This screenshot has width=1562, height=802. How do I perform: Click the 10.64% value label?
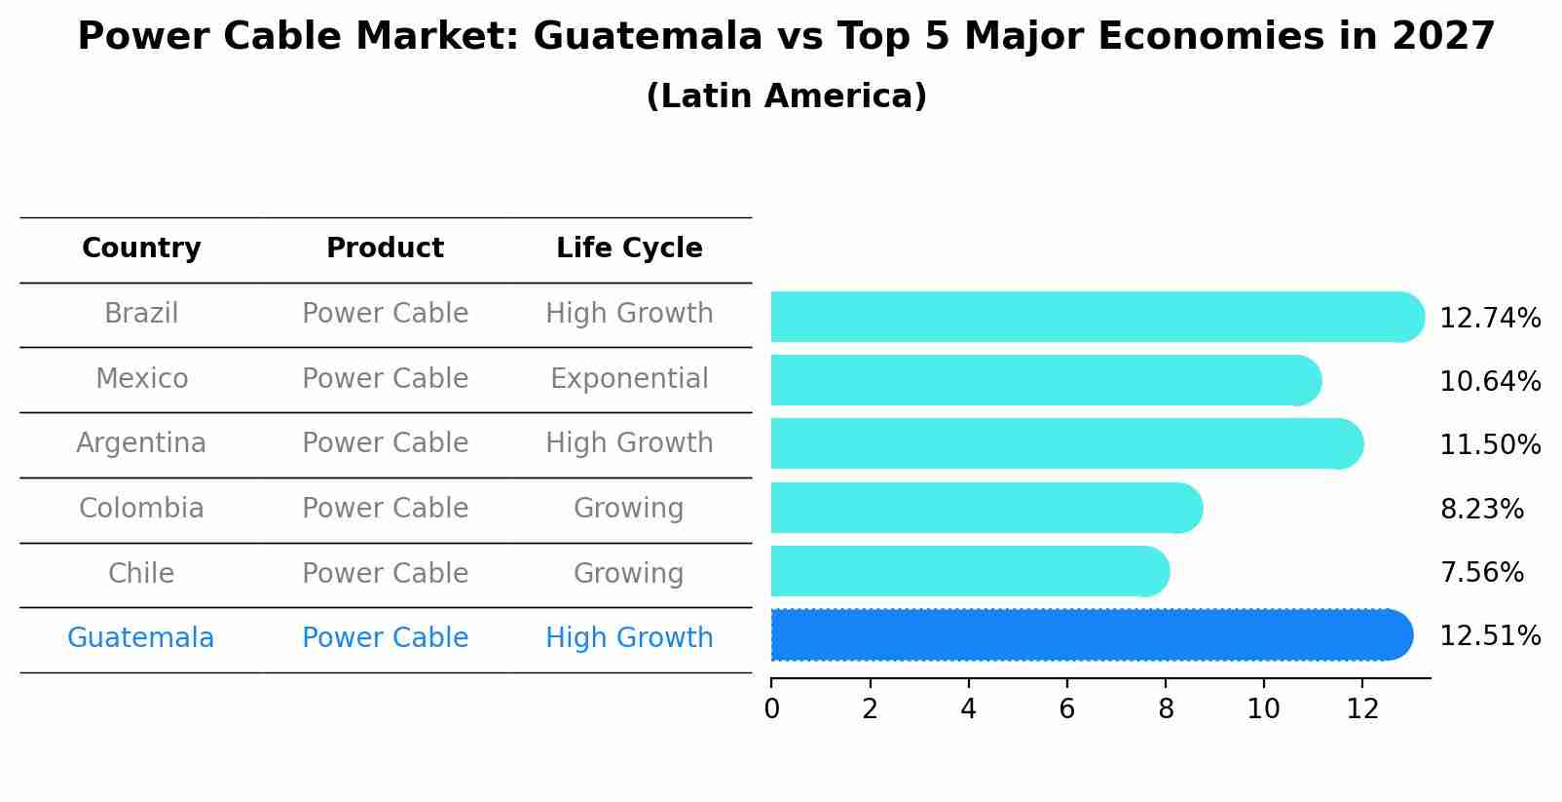coord(1489,381)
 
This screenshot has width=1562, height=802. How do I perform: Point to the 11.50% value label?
coord(1489,444)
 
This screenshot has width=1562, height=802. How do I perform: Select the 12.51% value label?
coord(1489,635)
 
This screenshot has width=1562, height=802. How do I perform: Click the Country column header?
coord(141,248)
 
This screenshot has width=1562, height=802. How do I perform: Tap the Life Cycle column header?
coord(629,248)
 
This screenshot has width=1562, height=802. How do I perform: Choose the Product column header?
coord(385,248)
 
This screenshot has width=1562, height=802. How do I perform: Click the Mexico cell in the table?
coord(141,378)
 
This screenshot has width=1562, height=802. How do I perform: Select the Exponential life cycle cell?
coord(629,378)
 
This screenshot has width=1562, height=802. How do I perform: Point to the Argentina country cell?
coord(141,443)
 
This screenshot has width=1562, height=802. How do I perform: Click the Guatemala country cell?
coord(141,638)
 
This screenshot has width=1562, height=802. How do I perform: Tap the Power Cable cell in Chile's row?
coord(385,573)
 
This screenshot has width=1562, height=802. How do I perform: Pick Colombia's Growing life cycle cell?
coord(629,508)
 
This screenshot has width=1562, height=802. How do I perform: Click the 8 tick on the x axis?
coord(1166,708)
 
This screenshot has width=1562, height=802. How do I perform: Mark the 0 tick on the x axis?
coord(771,708)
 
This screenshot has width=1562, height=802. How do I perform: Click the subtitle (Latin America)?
coord(786,95)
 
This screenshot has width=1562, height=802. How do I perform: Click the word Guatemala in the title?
coord(648,37)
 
